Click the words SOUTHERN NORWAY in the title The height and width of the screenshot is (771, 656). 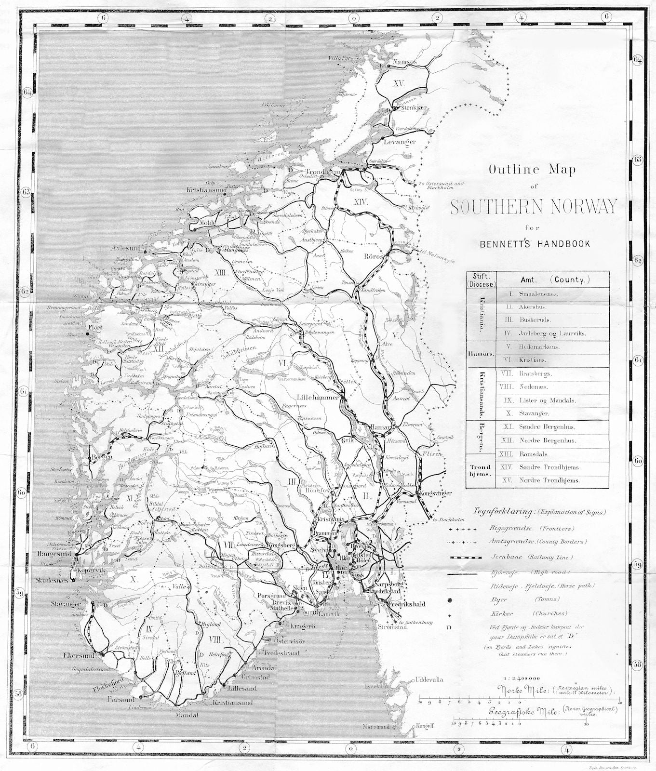pos(534,206)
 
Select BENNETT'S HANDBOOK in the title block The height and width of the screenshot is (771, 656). pos(535,244)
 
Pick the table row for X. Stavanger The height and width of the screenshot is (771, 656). pos(534,413)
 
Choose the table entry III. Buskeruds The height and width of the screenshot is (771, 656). pos(534,319)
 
